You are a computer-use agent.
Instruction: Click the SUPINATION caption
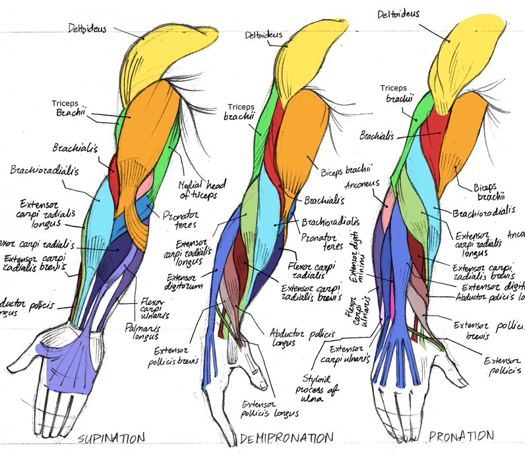(112, 438)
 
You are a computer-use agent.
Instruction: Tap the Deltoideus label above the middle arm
(263, 34)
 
